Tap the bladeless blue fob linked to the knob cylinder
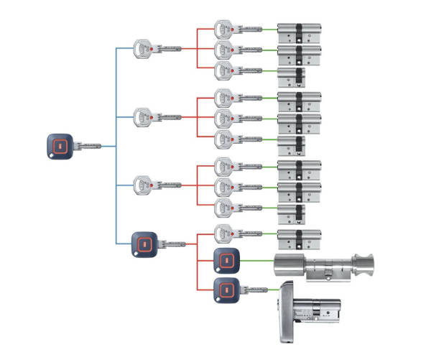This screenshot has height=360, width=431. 225,260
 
